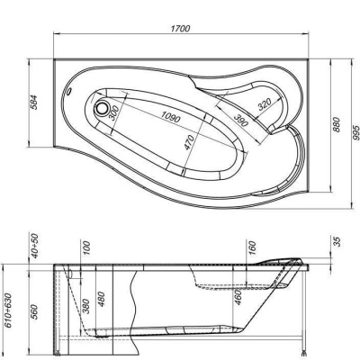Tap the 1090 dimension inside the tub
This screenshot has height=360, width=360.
(x=164, y=117)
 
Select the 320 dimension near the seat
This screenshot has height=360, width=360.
(x=263, y=105)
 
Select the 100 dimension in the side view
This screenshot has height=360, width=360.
(x=87, y=247)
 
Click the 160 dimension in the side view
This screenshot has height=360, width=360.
(x=252, y=247)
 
